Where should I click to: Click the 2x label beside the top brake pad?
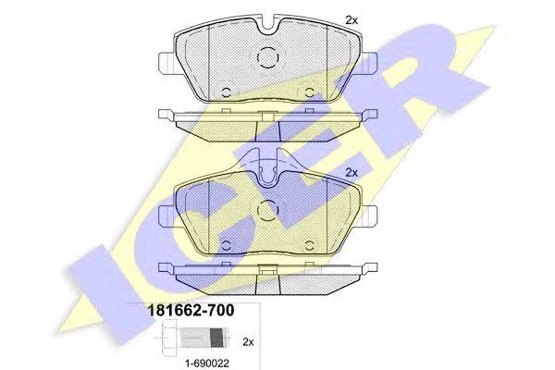(x=351, y=19)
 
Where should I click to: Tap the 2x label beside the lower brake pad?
(x=351, y=172)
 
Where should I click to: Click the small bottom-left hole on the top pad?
(x=227, y=90)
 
